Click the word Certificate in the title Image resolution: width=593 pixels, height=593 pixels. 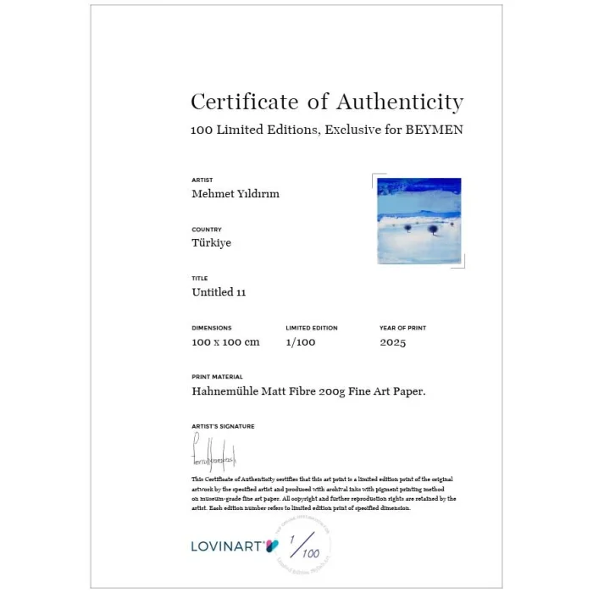point(234,103)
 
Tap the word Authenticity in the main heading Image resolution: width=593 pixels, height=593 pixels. point(400,103)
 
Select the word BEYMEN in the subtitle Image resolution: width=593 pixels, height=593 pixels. point(434,130)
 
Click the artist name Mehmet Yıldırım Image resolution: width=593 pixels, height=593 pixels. point(236,194)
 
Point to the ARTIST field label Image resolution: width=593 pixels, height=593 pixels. point(202,180)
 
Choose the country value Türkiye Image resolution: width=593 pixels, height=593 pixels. point(212,243)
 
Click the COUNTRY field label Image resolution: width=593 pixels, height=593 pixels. point(207,230)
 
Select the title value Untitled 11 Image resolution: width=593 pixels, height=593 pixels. point(219,292)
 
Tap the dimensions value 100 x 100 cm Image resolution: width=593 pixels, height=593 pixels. point(225,342)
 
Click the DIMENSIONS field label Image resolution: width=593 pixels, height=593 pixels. point(212,328)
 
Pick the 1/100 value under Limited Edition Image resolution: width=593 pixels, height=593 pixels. point(300,342)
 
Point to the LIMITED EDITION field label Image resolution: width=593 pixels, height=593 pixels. point(312,328)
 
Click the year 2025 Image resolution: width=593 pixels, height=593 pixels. point(393,342)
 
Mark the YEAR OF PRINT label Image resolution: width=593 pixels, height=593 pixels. point(403,328)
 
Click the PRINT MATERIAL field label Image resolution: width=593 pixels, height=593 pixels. point(217,377)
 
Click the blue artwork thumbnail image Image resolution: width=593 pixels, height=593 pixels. point(418,221)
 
